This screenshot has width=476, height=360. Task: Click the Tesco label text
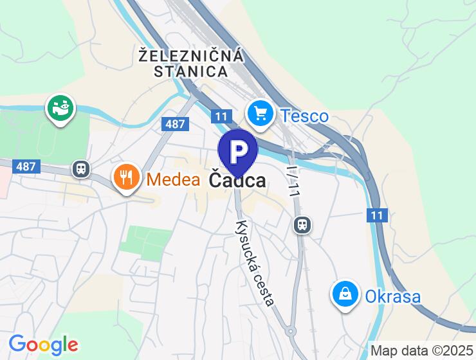(x=305, y=116)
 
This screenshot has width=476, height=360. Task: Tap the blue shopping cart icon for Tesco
(x=261, y=114)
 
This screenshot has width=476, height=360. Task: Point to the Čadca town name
(x=237, y=181)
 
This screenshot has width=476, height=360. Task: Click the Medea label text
(x=173, y=179)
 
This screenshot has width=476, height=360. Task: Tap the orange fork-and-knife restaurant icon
(x=126, y=176)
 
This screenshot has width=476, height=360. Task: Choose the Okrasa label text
(x=392, y=296)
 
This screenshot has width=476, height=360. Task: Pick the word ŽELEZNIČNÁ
(x=192, y=56)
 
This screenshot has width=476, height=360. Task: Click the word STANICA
(x=191, y=71)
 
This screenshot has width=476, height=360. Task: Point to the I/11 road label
(x=293, y=181)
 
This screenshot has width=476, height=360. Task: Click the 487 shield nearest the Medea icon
(x=26, y=166)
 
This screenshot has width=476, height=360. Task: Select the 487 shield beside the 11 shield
(x=175, y=124)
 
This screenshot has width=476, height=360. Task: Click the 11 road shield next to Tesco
(x=221, y=116)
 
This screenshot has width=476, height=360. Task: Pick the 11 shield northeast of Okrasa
(x=378, y=215)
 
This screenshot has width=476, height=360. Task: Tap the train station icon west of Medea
(x=81, y=168)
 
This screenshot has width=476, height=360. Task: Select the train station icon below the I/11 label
(x=302, y=224)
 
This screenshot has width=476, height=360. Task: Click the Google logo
(x=43, y=345)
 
